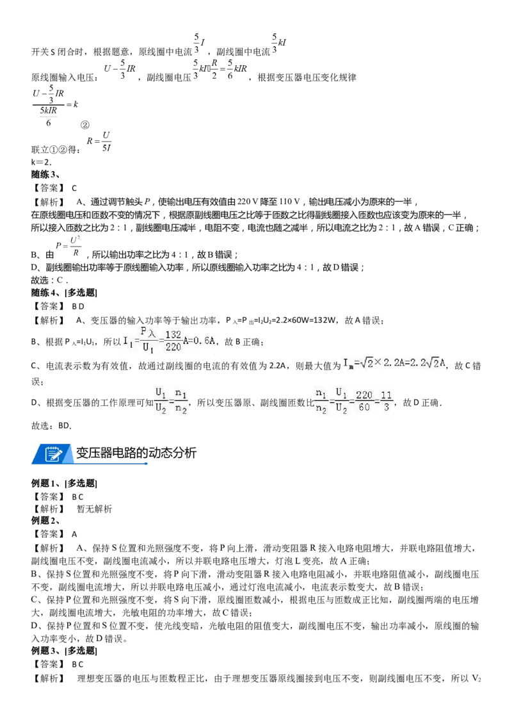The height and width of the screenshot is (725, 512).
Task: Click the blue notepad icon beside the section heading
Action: click(x=54, y=453)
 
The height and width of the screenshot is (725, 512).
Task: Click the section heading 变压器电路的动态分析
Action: click(x=136, y=453)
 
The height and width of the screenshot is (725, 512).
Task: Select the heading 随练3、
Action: click(x=45, y=175)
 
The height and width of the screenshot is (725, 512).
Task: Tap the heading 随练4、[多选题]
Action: click(x=64, y=293)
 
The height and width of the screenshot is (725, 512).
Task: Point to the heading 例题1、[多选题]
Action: click(x=64, y=484)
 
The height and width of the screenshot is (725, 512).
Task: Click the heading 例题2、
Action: click(x=45, y=521)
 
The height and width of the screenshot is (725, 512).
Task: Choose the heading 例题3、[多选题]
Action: click(x=64, y=651)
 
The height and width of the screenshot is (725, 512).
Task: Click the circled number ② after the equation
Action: click(x=85, y=125)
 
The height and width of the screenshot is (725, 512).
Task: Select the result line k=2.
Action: click(x=42, y=162)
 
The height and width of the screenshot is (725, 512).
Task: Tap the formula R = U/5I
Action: click(x=99, y=141)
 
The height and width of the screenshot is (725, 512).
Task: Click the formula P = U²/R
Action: click(x=68, y=246)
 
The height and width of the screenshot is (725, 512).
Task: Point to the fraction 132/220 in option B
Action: click(x=173, y=341)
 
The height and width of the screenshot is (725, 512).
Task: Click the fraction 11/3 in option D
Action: click(x=387, y=402)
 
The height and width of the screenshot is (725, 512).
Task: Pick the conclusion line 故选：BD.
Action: click(x=52, y=426)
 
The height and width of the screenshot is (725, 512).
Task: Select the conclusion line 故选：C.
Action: click(x=49, y=280)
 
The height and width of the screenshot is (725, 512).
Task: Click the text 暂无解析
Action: click(x=94, y=509)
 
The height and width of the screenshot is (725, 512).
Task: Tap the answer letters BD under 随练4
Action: click(x=78, y=306)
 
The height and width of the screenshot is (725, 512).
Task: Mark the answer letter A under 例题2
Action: click(x=74, y=534)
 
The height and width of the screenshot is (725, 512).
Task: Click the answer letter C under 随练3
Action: click(x=74, y=188)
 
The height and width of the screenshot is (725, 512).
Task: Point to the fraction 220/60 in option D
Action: click(x=364, y=402)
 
